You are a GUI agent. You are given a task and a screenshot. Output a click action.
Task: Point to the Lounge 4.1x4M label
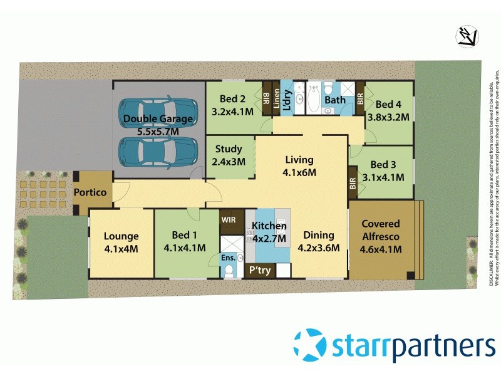pyautogui.click(x=121, y=242)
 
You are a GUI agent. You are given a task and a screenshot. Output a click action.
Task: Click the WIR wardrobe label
pyautogui.click(x=229, y=220)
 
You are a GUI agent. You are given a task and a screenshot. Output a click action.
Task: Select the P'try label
pyautogui.click(x=259, y=270)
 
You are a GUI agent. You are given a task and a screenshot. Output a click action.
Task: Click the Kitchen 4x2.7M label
pyautogui.click(x=269, y=232)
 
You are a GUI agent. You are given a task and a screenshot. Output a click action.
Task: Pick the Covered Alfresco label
pyautogui.click(x=381, y=236)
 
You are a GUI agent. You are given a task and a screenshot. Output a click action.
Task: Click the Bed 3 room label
pyautogui.click(x=387, y=170)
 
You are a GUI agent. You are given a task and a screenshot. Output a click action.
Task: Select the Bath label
pyautogui.click(x=335, y=100)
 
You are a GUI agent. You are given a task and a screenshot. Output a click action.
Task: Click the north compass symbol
pyautogui.click(x=467, y=37)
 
